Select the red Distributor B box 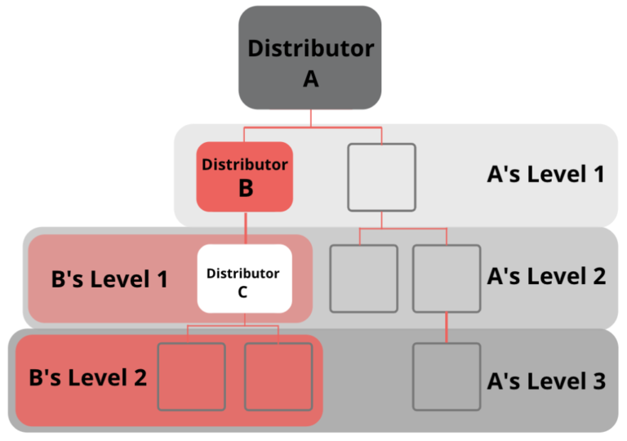(245, 176)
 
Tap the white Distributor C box (245, 278)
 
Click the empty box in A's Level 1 (381, 176)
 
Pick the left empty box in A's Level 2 (363, 278)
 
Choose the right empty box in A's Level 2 (446, 278)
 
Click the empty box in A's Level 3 (446, 376)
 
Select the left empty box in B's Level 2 (191, 376)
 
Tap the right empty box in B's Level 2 (278, 376)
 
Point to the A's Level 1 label (546, 173)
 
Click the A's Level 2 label (546, 276)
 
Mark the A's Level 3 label (546, 381)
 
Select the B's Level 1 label (109, 279)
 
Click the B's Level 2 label (87, 378)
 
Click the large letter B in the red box (245, 189)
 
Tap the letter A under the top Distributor (310, 78)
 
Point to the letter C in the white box (243, 290)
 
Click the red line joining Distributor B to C (245, 228)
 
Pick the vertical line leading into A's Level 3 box (446, 328)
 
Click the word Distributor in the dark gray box (310, 47)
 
